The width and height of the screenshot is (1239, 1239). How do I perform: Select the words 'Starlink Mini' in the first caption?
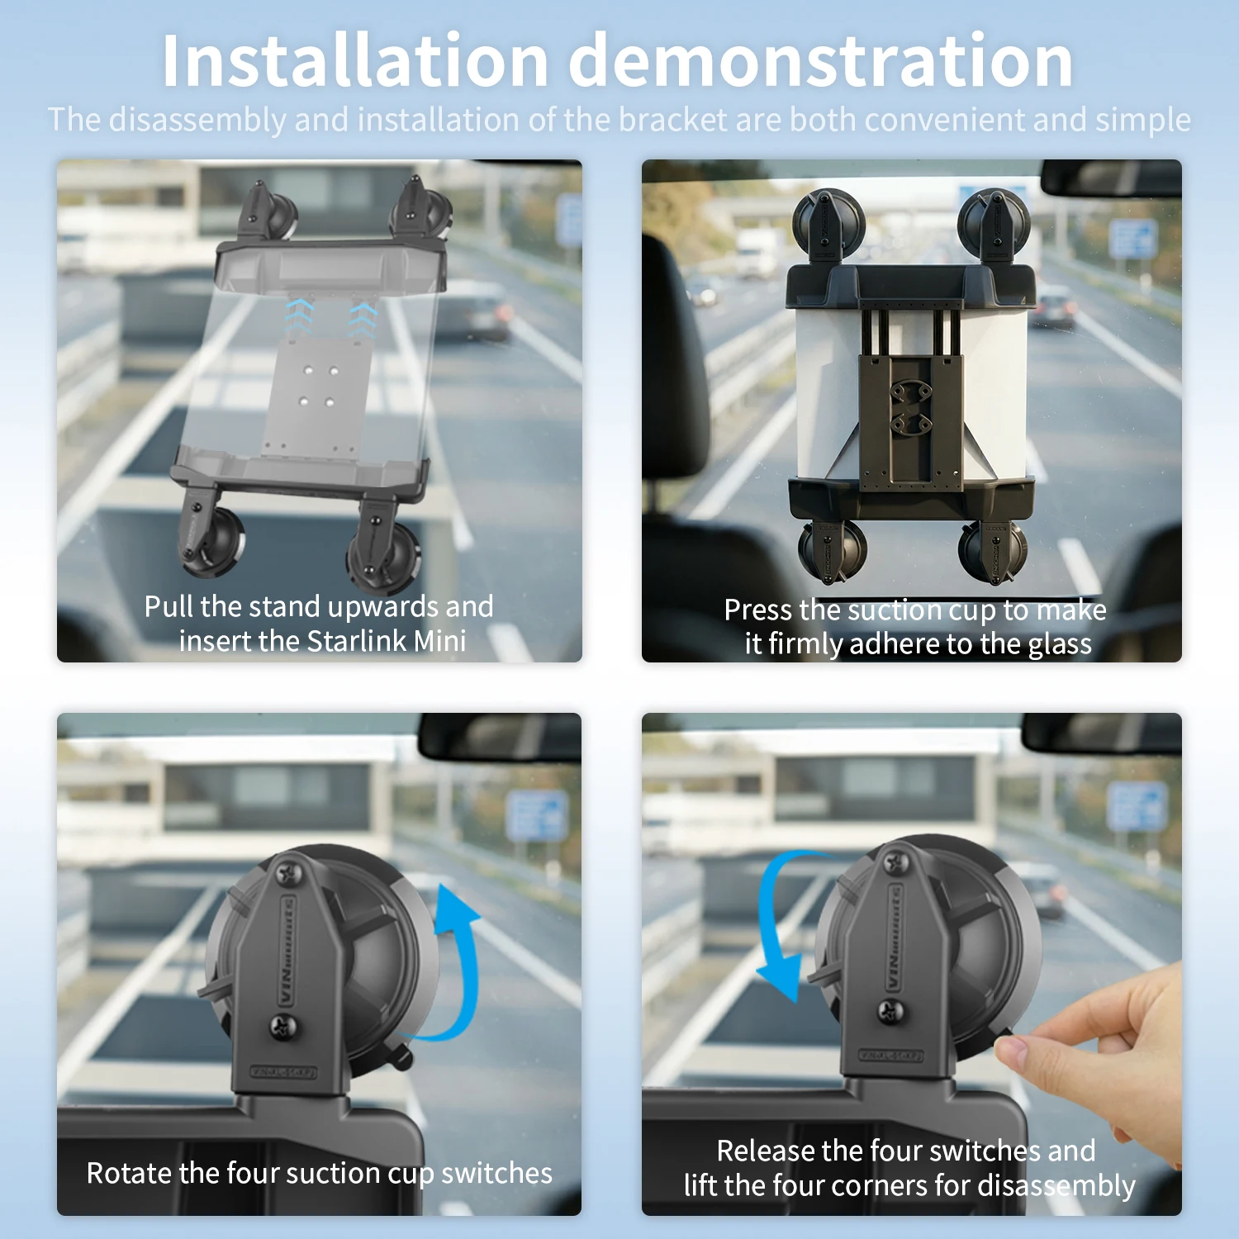pos(387,641)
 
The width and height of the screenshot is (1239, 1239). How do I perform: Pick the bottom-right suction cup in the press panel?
pos(994,549)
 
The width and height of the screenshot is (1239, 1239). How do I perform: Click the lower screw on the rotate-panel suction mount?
pos(283,1027)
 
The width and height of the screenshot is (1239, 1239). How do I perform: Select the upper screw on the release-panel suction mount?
pos(897,863)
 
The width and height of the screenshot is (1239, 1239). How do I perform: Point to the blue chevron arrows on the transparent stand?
pos(330,316)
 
